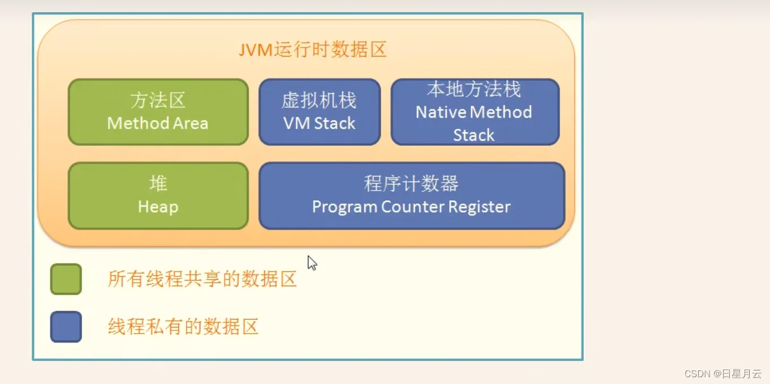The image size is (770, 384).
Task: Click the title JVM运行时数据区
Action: [x=312, y=49]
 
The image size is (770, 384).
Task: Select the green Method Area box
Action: [x=158, y=112]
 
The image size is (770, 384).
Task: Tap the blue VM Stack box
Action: [x=319, y=112]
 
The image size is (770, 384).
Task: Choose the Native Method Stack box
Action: [x=475, y=112]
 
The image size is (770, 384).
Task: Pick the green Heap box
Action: [x=158, y=196]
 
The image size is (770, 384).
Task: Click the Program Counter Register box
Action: [x=411, y=196]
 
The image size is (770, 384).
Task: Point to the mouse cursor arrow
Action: [x=312, y=263]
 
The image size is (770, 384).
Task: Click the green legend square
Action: [x=66, y=279]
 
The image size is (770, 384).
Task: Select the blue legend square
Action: [x=66, y=327]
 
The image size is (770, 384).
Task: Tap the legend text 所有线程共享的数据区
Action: [x=202, y=279]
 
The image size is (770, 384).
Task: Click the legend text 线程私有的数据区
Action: [x=183, y=326]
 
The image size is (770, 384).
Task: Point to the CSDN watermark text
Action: [x=723, y=374]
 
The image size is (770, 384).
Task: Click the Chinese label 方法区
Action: [x=158, y=100]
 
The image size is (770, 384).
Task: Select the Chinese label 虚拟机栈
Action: [x=319, y=101]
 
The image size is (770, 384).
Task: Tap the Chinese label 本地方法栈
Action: [x=474, y=89]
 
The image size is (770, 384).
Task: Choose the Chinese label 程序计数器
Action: [x=411, y=184]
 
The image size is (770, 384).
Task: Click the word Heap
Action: [x=158, y=207]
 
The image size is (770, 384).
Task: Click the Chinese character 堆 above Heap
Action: [x=158, y=183]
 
